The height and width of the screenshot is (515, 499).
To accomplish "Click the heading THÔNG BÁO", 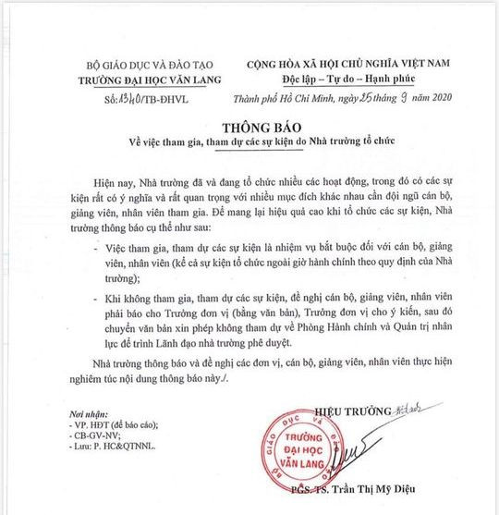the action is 249,127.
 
